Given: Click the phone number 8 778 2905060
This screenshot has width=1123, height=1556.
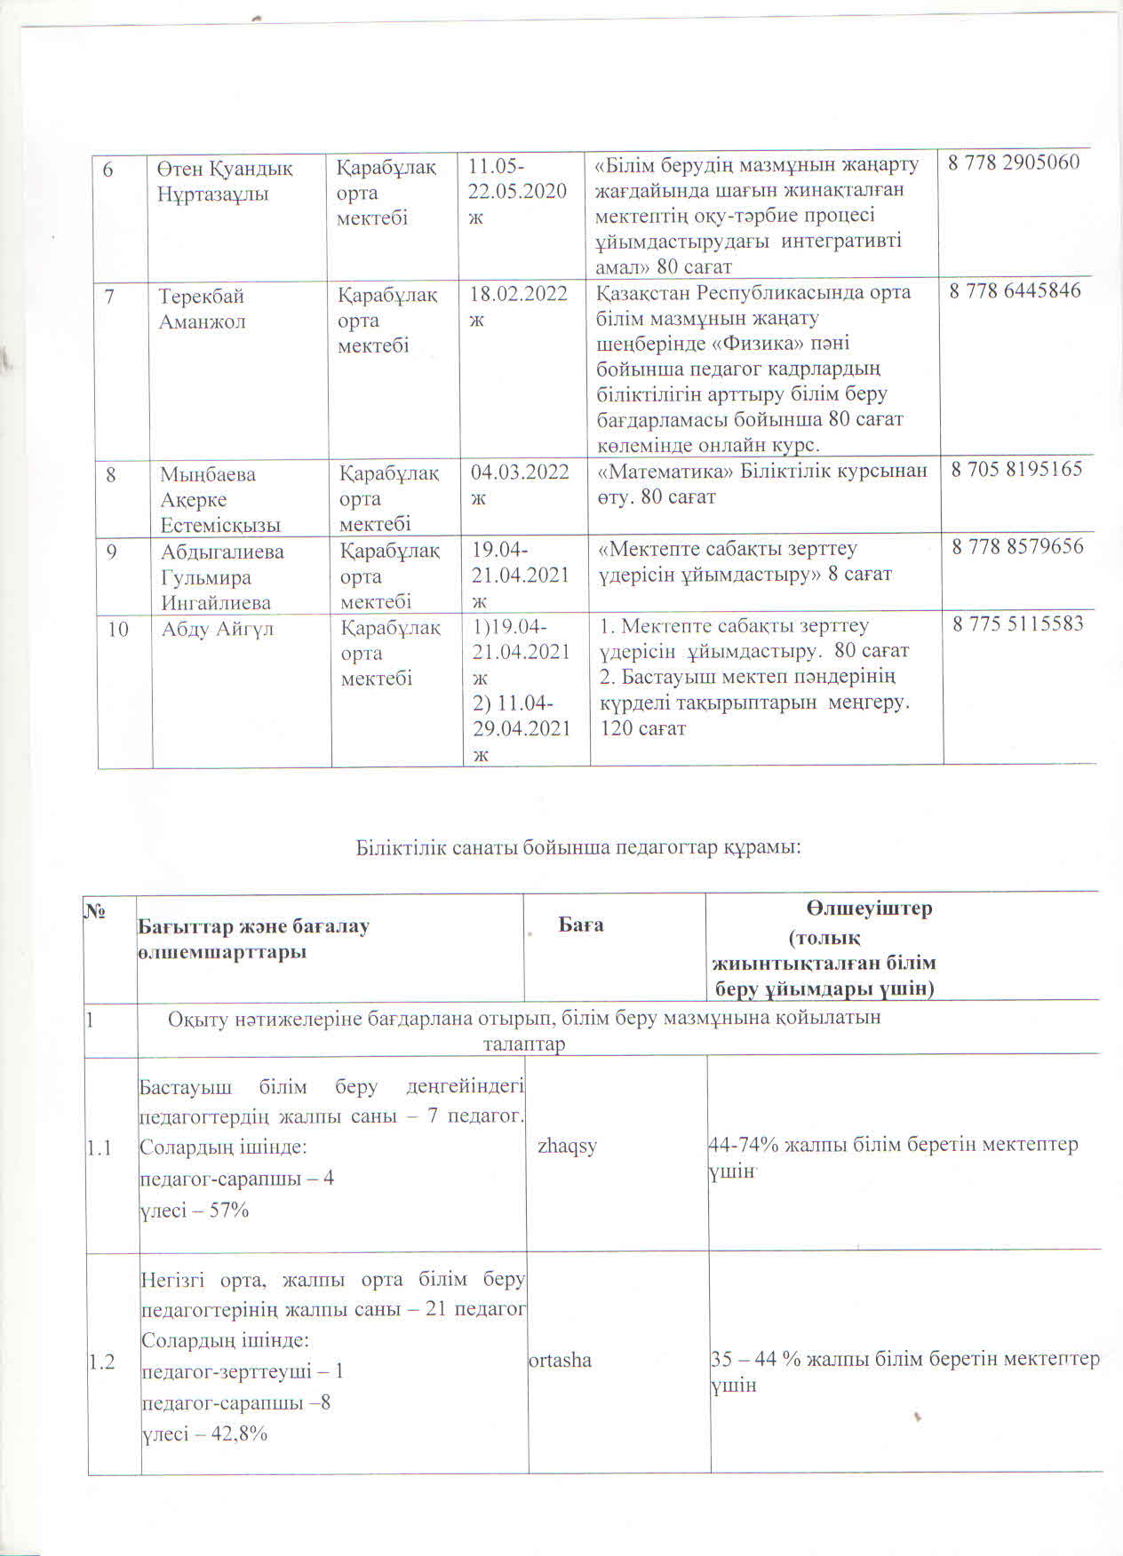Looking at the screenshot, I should (1014, 163).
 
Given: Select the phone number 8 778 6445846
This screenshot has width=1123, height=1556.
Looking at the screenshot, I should (1015, 290).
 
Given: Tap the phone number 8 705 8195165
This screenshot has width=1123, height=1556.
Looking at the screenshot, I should (1016, 469).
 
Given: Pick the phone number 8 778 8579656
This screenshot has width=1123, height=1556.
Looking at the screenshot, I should (1017, 546).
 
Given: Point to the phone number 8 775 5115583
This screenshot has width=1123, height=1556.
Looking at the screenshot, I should (1018, 623).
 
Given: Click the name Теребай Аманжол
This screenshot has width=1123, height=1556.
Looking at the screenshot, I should (202, 308).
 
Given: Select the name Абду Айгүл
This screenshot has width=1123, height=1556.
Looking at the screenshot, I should (218, 630).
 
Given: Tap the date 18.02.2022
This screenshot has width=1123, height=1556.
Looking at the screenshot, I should (519, 295).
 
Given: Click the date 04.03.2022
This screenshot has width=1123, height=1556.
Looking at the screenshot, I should (520, 472).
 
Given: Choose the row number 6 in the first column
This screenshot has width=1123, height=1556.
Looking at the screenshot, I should (109, 169).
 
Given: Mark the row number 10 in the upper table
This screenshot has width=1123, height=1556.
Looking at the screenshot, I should (118, 630).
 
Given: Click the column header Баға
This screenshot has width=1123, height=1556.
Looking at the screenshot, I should (581, 925).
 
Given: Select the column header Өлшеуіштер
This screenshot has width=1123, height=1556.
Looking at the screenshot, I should (870, 909).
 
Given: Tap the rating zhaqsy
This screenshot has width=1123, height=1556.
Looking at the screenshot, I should (567, 1146).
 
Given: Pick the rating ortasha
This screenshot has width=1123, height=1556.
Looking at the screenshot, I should (561, 1361).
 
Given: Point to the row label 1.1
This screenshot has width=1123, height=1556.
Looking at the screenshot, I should (100, 1148).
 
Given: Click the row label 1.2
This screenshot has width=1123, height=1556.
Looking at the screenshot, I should (102, 1361).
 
